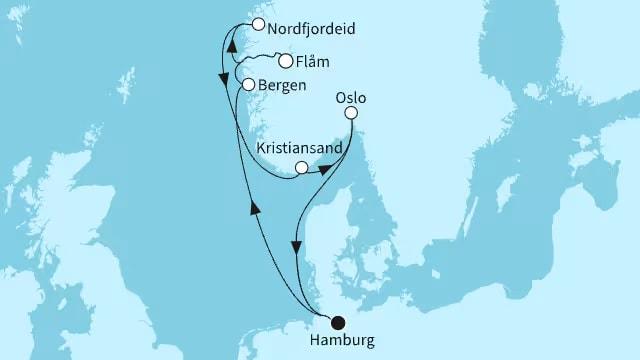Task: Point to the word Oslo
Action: coord(352,99)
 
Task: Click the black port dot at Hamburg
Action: coord(337,322)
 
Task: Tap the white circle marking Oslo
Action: coord(351,115)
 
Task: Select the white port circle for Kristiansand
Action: coord(301,168)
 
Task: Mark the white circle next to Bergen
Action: coord(248,85)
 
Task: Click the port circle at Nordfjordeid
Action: coord(259,24)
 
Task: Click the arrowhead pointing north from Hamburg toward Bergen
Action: coord(254,207)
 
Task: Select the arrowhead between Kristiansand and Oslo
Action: coord(324,170)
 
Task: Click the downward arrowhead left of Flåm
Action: coord(221,76)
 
